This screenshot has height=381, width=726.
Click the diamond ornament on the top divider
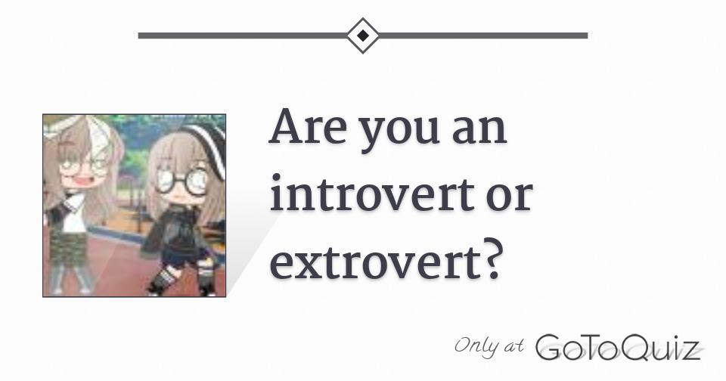363,35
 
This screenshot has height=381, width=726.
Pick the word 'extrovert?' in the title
386,261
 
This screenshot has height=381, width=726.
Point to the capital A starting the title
284,128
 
